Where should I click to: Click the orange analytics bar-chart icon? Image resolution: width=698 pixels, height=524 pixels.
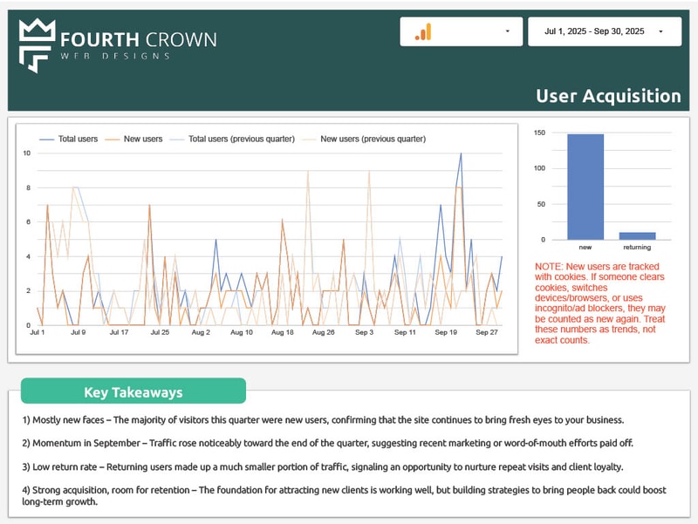(x=423, y=32)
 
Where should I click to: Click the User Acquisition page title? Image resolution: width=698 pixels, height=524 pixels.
(x=608, y=96)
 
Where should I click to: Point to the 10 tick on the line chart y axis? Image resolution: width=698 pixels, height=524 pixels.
(x=27, y=153)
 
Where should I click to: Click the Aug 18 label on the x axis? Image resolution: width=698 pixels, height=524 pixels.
(x=283, y=332)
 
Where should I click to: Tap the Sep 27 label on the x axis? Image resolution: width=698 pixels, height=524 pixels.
(x=486, y=332)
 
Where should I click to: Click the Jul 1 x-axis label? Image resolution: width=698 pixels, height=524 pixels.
(x=38, y=332)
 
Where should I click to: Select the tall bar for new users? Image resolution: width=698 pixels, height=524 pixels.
(x=585, y=187)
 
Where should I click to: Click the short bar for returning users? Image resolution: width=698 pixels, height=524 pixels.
(x=636, y=235)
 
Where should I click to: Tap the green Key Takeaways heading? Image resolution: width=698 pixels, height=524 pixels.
(x=133, y=391)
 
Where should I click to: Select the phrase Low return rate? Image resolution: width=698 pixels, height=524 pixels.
(x=65, y=466)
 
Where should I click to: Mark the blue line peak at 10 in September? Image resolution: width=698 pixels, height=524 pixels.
(x=461, y=154)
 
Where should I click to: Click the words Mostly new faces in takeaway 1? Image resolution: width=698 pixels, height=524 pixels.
(x=69, y=419)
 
